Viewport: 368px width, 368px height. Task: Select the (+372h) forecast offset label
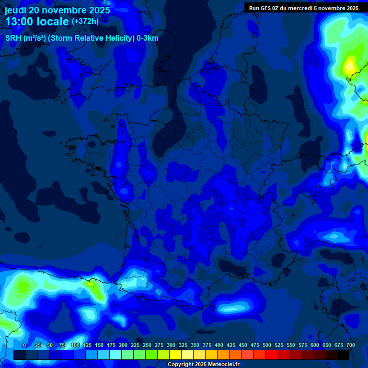coord(85,22)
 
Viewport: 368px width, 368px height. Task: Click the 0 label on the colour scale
coord(24,345)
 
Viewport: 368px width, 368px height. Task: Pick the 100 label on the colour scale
coord(75,345)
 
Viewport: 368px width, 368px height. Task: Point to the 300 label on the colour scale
coord(171,345)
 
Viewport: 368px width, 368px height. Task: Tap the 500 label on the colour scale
coord(267,345)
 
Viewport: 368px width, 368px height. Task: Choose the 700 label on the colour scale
coord(350,345)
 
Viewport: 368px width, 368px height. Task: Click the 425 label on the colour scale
coord(231,345)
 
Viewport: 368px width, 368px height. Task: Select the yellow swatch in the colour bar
coord(175,355)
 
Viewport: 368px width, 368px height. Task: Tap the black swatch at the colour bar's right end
coord(343,355)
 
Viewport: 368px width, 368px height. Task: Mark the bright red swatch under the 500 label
coord(271,355)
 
